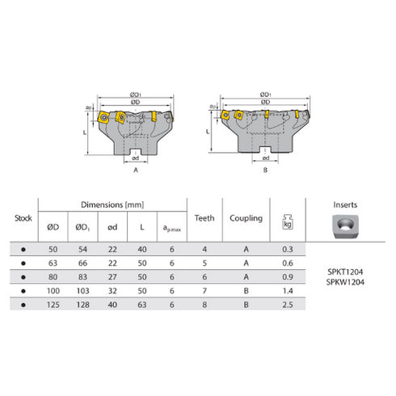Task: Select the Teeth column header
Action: pos(204,217)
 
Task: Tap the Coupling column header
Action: pos(245,217)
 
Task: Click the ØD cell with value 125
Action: pos(54,305)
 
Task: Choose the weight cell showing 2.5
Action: pos(286,305)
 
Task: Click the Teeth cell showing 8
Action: pos(204,305)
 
